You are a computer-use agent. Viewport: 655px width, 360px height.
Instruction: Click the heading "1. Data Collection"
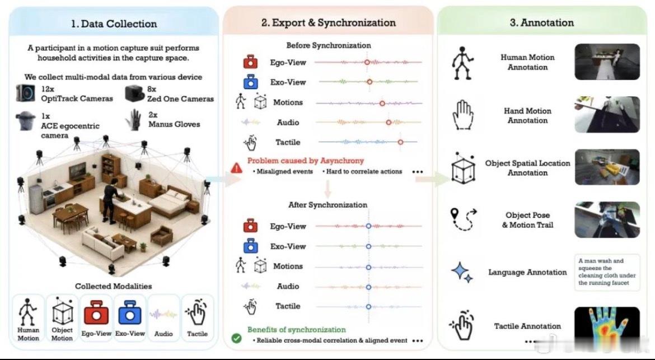pyautogui.click(x=114, y=24)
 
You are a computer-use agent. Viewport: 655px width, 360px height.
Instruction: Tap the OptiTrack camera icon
pyautogui.click(x=26, y=93)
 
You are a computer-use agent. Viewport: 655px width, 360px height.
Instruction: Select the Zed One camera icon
pyautogui.click(x=134, y=94)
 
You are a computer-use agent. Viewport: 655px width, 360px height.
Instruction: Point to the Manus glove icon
pyautogui.click(x=134, y=119)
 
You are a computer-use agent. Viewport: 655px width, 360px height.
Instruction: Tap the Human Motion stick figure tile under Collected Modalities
pyautogui.click(x=28, y=318)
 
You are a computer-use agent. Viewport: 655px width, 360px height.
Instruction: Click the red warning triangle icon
pyautogui.click(x=236, y=168)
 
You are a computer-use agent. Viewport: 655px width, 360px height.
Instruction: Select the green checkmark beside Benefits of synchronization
pyautogui.click(x=236, y=338)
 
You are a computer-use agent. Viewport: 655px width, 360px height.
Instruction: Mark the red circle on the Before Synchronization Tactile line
pyautogui.click(x=400, y=142)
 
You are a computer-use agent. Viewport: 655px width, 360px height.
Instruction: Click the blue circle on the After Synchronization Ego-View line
pyautogui.click(x=368, y=226)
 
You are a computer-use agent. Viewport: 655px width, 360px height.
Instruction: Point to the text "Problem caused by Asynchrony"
pyautogui.click(x=305, y=160)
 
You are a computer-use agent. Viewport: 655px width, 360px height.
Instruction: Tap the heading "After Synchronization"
pyautogui.click(x=327, y=205)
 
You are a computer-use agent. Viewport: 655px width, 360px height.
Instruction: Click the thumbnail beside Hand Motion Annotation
pyautogui.click(x=607, y=114)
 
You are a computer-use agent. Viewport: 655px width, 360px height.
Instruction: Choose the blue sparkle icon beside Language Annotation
pyautogui.click(x=462, y=272)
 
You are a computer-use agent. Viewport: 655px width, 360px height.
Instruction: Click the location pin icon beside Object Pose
pyautogui.click(x=455, y=214)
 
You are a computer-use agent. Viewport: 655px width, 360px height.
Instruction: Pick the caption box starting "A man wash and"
pyautogui.click(x=607, y=272)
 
